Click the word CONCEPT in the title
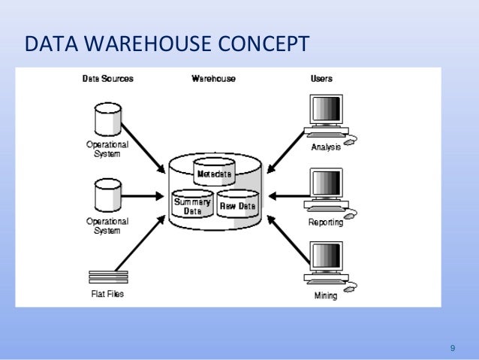[264, 44]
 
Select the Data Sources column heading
[108, 79]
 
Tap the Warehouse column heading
[213, 79]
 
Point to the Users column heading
[321, 79]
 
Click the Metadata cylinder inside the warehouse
[214, 171]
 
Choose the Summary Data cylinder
[192, 204]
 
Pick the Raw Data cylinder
[238, 204]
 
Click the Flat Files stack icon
[108, 277]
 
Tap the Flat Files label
[107, 294]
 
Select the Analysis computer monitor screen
[327, 108]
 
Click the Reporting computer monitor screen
[327, 183]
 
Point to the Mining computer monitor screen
[327, 256]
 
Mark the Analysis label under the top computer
[326, 147]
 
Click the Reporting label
[326, 222]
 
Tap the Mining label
[326, 295]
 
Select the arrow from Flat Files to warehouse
[140, 243]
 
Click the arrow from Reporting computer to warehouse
[289, 196]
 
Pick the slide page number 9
[453, 348]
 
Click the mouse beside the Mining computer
[350, 288]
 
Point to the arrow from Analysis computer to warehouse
[286, 152]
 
